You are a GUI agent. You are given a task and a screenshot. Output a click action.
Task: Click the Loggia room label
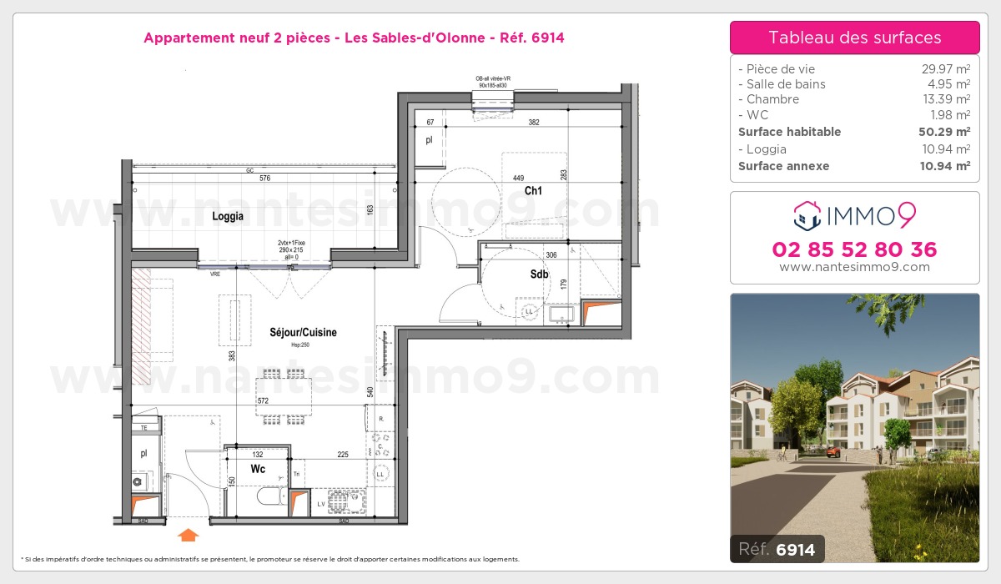click(228, 216)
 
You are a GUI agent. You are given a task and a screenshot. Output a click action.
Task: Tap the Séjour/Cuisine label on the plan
click(304, 332)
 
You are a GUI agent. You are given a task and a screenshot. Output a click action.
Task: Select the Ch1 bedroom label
click(533, 190)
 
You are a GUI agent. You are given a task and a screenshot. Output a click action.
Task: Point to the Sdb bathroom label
click(539, 274)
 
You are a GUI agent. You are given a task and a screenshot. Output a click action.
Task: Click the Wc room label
click(259, 469)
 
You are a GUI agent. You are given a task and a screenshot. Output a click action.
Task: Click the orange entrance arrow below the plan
click(189, 534)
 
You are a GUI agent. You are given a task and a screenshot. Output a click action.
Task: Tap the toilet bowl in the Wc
click(269, 497)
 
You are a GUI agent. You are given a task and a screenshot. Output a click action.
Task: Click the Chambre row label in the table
click(772, 99)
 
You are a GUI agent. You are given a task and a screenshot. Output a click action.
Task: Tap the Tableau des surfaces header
click(854, 38)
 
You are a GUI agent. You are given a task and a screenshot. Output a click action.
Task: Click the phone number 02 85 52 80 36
click(854, 249)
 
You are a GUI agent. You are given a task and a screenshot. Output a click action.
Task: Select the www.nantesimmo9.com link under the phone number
click(854, 267)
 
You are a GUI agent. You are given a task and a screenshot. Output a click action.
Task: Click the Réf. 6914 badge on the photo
click(777, 550)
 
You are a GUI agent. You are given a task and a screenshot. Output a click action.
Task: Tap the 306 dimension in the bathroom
click(550, 255)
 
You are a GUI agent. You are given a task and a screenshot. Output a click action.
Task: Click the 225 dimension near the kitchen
click(342, 455)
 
